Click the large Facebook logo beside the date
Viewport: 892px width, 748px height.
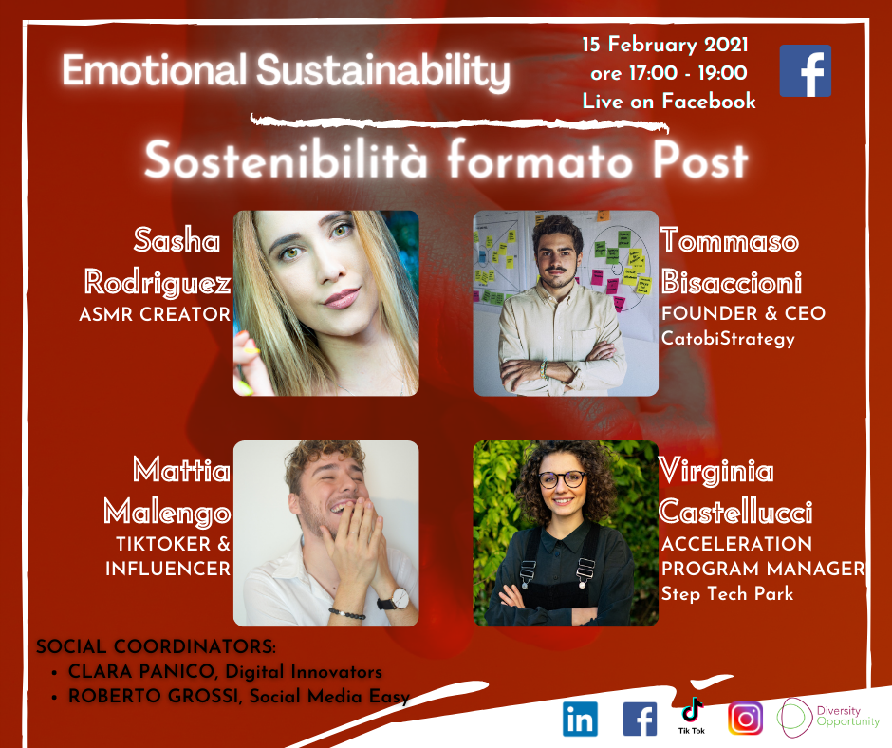coord(805,70)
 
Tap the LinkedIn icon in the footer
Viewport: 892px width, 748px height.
coord(580,719)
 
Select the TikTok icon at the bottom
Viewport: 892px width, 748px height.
coord(691,715)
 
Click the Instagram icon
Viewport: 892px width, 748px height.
coord(745,719)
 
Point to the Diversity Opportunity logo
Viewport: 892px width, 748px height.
coord(828,718)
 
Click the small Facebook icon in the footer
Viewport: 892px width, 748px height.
coord(640,719)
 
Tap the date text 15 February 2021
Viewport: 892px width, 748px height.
coord(665,45)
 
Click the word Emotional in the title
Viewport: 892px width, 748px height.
coord(154,70)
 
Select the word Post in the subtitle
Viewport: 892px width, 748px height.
coord(699,160)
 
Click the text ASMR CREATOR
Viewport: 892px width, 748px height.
coord(155,314)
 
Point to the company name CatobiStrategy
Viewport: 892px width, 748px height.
coord(728,339)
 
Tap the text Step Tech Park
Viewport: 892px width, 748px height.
coord(727,593)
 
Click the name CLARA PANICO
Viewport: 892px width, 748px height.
coord(141,671)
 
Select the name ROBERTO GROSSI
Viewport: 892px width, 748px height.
coord(154,696)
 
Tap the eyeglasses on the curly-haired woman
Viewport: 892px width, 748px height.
coord(562,478)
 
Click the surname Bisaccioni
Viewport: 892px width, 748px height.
coord(732,282)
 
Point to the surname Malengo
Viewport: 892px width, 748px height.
coord(168,513)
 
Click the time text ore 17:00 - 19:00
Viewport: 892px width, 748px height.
coord(669,73)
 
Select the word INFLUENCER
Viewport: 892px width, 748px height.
coord(168,568)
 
